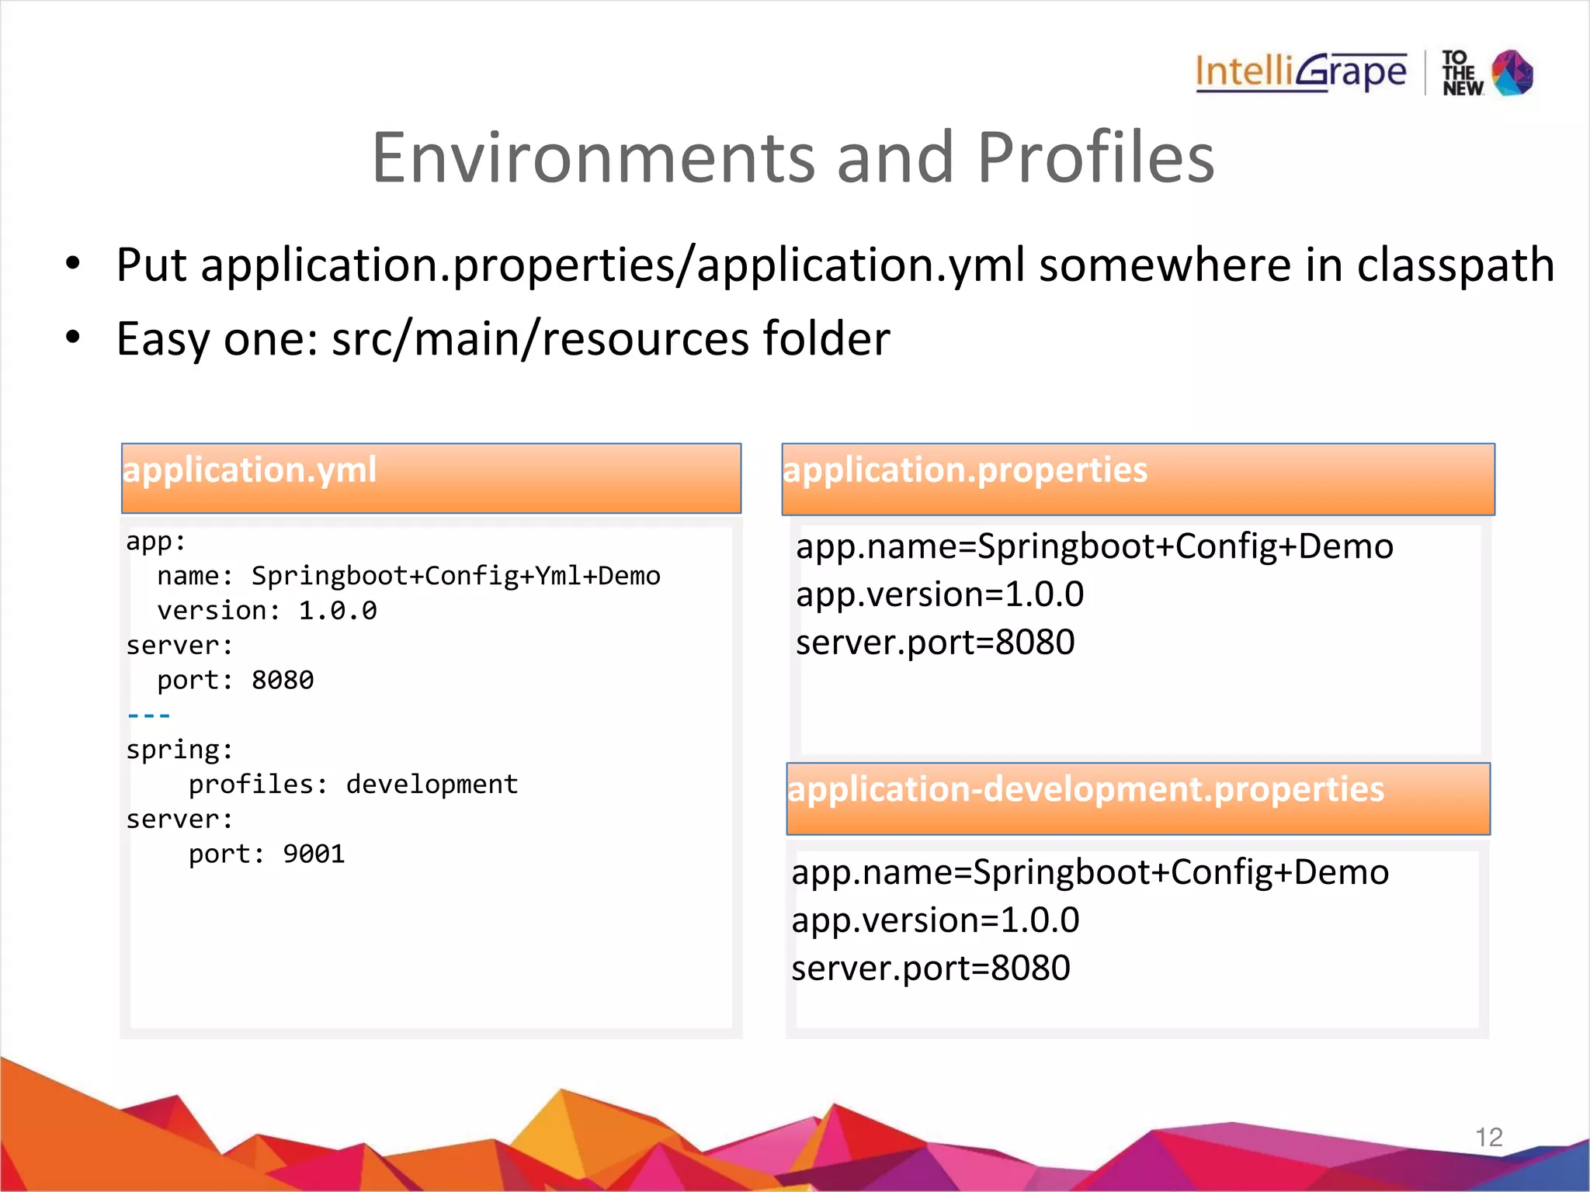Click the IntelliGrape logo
[x=1300, y=72]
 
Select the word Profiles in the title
[x=1095, y=158]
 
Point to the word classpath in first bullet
[x=1455, y=265]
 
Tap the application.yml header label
[x=249, y=470]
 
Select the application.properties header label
[x=965, y=470]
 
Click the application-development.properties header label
[x=1085, y=789]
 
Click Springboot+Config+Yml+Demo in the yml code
[x=456, y=576]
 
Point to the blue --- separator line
[x=148, y=716]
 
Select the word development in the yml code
[x=432, y=785]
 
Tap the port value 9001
[x=314, y=854]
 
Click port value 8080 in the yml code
[x=283, y=681]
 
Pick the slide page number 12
[x=1488, y=1138]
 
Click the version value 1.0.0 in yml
[x=338, y=612]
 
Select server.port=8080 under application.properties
[x=935, y=643]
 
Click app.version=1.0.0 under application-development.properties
[x=935, y=920]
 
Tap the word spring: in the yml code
[x=179, y=750]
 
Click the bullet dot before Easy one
[x=73, y=338]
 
